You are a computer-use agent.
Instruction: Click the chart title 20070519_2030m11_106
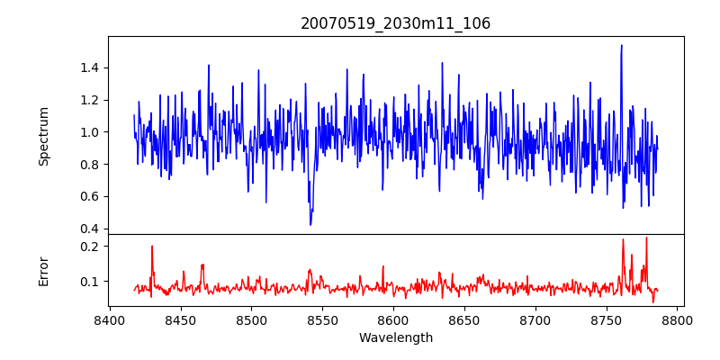[395, 23]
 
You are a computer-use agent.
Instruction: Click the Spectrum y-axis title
[44, 136]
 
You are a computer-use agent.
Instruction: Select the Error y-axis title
[44, 271]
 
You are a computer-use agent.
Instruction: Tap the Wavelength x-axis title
[395, 338]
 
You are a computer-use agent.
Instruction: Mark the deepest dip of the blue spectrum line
[310, 224]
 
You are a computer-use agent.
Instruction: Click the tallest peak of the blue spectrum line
[621, 45]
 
